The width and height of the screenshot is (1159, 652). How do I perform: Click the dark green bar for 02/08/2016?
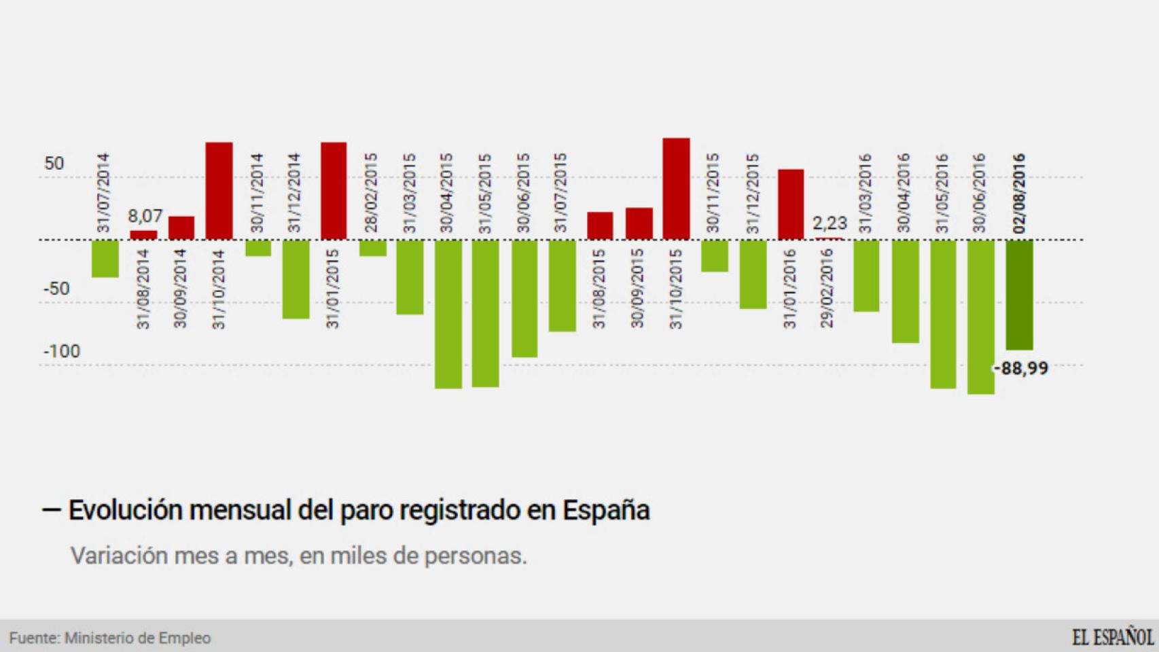click(1019, 295)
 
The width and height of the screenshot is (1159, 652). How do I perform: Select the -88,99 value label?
click(1022, 369)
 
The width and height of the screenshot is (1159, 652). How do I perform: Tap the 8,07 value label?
click(145, 217)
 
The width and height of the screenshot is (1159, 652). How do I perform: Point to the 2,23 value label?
click(830, 223)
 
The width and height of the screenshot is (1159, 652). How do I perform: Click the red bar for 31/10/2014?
click(219, 191)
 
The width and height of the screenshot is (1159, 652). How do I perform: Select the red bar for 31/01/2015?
click(334, 191)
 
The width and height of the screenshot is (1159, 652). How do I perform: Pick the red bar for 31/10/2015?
click(676, 189)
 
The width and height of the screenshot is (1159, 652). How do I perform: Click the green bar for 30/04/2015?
click(448, 314)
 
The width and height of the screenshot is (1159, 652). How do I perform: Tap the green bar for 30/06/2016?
click(981, 316)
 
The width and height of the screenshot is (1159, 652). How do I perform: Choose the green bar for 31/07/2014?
click(105, 258)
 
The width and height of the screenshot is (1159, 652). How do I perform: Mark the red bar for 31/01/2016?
click(791, 204)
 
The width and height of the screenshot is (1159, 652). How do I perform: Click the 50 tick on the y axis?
click(54, 164)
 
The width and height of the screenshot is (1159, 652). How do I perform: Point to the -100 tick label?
click(62, 352)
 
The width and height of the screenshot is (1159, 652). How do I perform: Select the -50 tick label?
click(57, 289)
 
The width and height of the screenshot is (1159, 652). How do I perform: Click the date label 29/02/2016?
click(827, 289)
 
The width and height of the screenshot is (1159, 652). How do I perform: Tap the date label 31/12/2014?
click(294, 193)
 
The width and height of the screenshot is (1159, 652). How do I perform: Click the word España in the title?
click(606, 510)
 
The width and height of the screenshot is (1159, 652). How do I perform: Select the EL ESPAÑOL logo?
click(1112, 637)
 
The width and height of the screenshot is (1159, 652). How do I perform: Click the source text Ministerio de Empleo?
click(137, 638)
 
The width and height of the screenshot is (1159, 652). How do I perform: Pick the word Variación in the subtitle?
click(119, 556)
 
